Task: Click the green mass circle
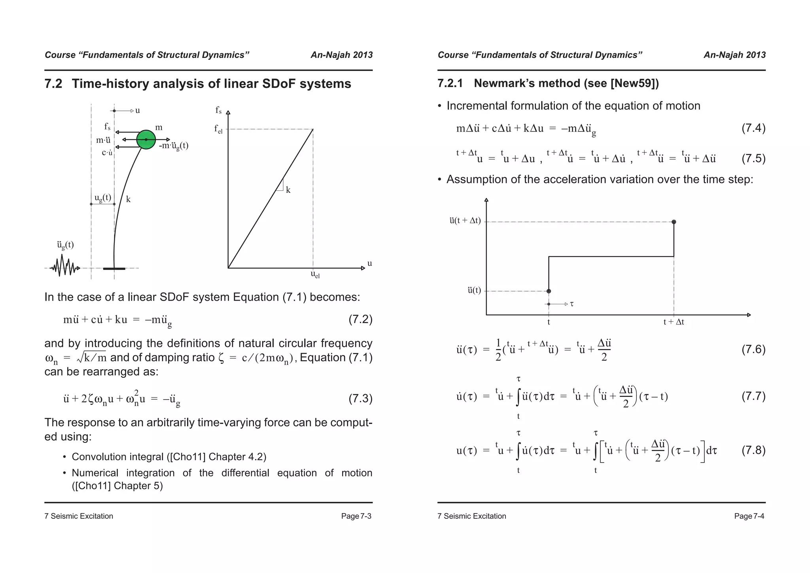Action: [146, 139]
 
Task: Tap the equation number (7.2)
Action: [360, 319]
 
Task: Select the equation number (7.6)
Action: [753, 349]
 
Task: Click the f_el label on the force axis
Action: [218, 129]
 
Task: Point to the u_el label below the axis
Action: [315, 274]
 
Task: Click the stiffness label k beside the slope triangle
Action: [288, 190]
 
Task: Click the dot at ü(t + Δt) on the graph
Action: [674, 222]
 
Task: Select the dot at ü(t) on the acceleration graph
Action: [549, 291]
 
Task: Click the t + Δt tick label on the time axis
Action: [674, 322]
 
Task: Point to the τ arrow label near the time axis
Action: [572, 304]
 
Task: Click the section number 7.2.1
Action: [450, 83]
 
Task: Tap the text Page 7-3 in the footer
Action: [356, 516]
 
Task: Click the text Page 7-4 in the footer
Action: [749, 516]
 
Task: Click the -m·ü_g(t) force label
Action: [174, 146]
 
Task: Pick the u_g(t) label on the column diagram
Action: [102, 197]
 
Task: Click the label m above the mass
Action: [159, 127]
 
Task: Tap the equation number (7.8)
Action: [753, 450]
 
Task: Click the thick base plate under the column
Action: [114, 269]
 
